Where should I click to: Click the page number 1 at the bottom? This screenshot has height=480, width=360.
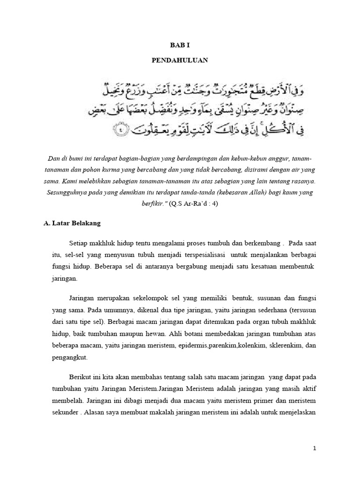[315, 448]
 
